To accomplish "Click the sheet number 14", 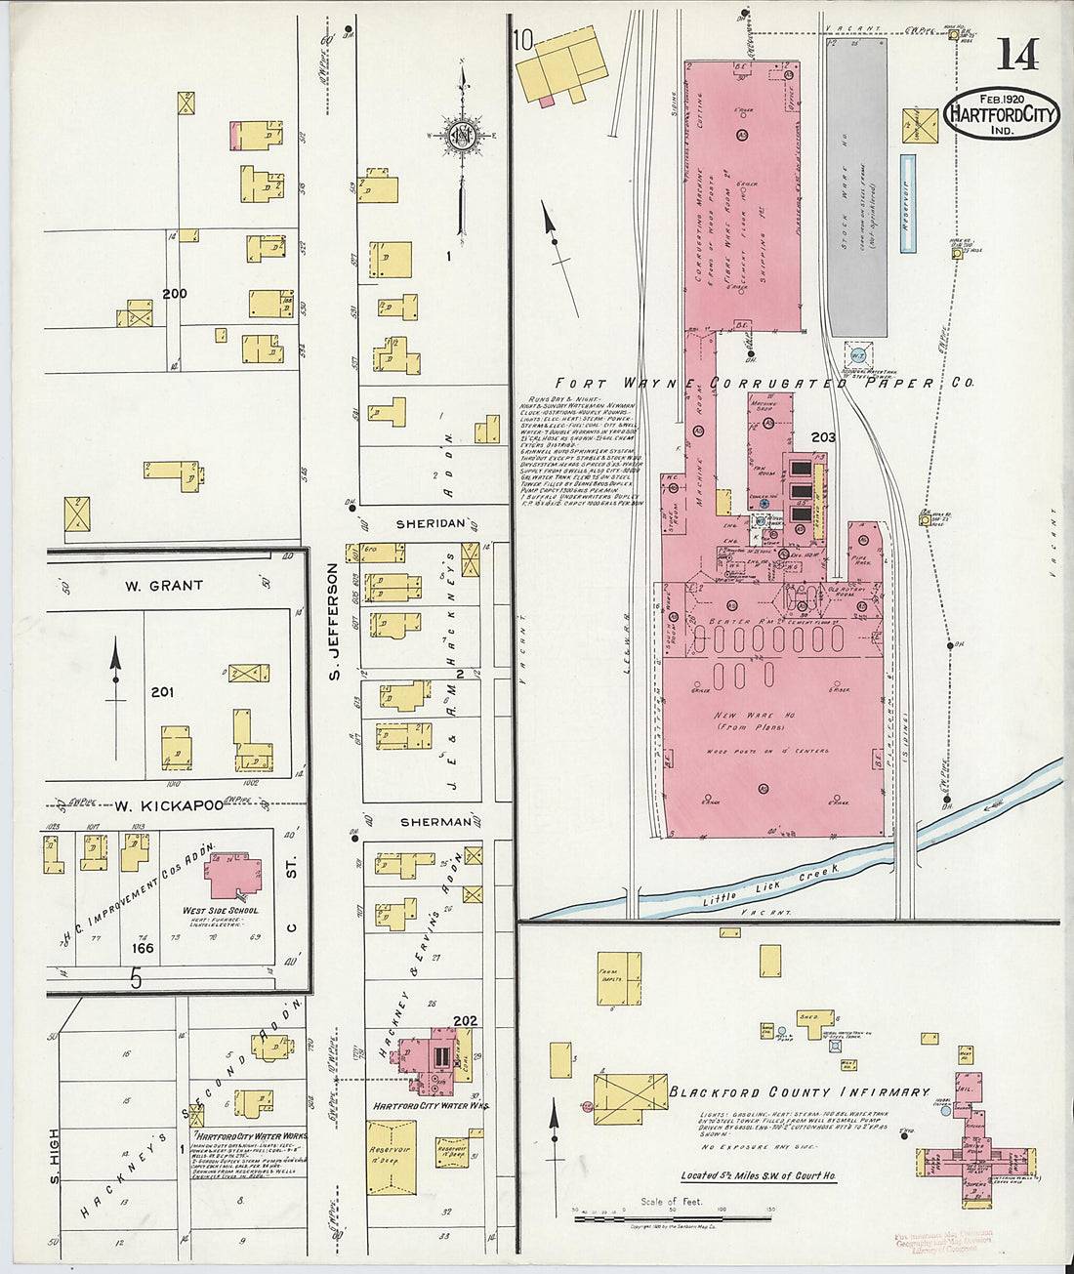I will [x=1017, y=54].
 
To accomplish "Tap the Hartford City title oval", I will [x=1002, y=115].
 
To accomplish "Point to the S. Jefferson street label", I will [x=333, y=621].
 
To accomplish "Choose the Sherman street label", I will [x=434, y=822].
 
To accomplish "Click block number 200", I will [x=175, y=293].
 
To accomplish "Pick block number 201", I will [x=162, y=692].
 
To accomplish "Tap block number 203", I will [x=823, y=438].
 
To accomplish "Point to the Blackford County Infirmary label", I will [x=799, y=1091].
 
